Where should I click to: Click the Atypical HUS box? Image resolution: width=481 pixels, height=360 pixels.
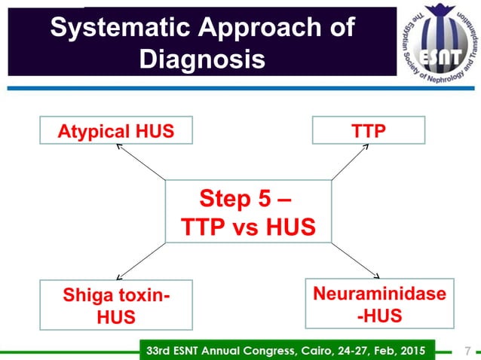tap(116, 131)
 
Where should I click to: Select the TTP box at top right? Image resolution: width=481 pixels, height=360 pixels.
tap(369, 131)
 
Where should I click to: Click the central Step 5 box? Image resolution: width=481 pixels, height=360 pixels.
tap(248, 212)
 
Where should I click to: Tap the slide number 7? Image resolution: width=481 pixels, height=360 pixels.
tap(468, 350)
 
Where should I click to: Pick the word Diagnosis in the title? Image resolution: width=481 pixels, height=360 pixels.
tap(202, 59)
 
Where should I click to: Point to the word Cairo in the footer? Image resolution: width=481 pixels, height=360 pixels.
tap(318, 350)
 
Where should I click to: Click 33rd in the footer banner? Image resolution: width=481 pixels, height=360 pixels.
tap(159, 350)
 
